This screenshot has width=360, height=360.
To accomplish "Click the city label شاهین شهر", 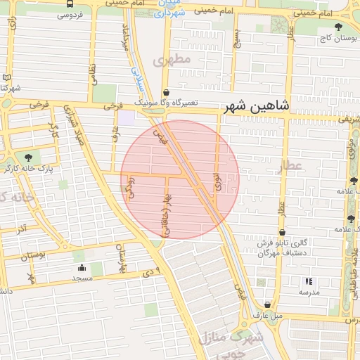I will coord(257,107).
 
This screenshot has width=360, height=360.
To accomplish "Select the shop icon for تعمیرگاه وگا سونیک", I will coord(166,92).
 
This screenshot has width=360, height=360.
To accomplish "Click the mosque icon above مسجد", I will coord(82,267).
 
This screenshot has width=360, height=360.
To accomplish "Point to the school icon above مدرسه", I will coord(309,281).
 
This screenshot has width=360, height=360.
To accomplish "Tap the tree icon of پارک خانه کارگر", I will coord(28,157).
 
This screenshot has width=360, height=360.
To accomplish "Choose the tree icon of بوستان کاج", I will coord(339,27).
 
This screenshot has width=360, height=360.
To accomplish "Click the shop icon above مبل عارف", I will coord(267,305).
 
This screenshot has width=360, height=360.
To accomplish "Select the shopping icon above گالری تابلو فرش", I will coord(282,232).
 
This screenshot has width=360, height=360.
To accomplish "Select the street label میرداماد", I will coord(127,37).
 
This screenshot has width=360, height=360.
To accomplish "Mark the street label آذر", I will coord(22,229).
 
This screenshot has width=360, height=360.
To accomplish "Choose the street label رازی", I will coord(13,28).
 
